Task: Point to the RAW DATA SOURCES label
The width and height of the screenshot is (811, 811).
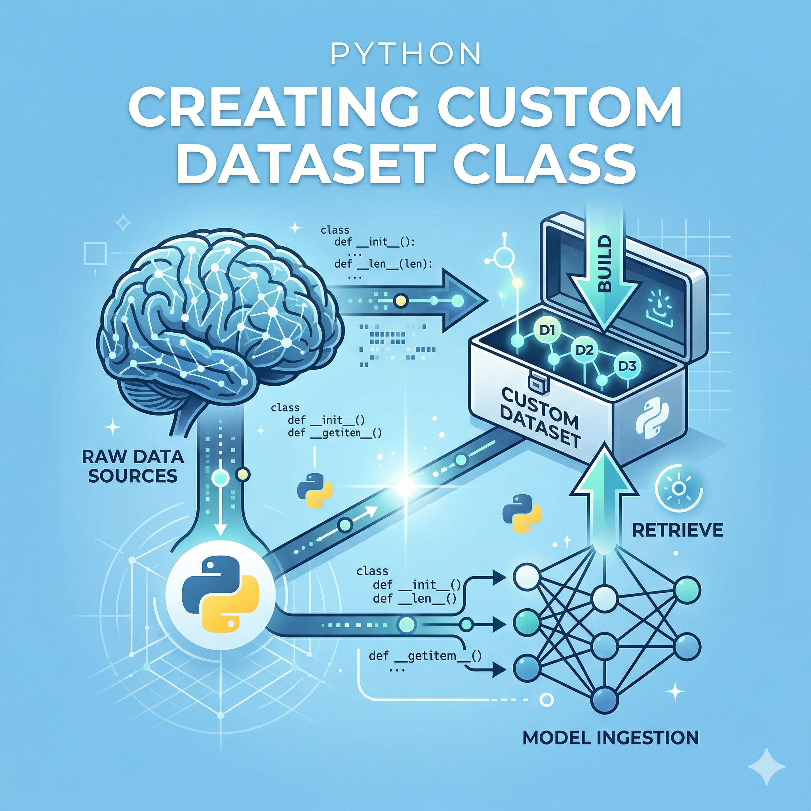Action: (133, 466)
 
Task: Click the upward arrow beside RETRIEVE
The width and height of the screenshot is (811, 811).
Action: (603, 495)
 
